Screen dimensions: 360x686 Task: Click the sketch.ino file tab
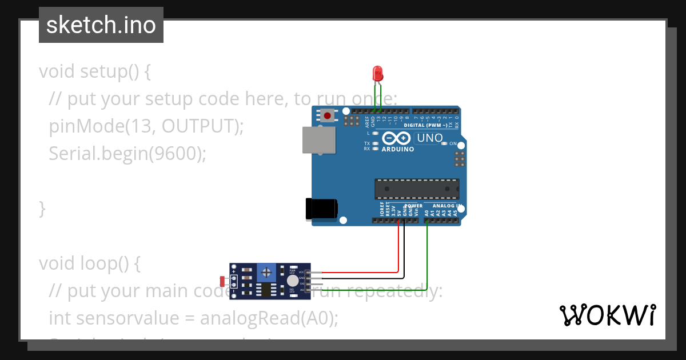point(101,25)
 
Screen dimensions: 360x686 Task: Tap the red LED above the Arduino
point(377,73)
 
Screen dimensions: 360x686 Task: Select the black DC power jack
point(322,209)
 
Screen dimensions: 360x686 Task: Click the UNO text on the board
point(429,138)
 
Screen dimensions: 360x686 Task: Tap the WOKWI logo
point(607,315)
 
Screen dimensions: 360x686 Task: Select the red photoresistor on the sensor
point(222,281)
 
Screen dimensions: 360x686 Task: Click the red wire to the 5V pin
point(398,251)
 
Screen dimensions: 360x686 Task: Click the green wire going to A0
point(428,257)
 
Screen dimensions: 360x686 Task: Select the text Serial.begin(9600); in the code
point(127,154)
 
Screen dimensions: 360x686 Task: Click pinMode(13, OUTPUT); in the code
point(146,126)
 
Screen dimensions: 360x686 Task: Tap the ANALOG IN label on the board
point(446,206)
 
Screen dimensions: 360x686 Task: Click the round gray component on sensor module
point(293,281)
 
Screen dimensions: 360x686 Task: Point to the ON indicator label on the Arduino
point(453,143)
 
